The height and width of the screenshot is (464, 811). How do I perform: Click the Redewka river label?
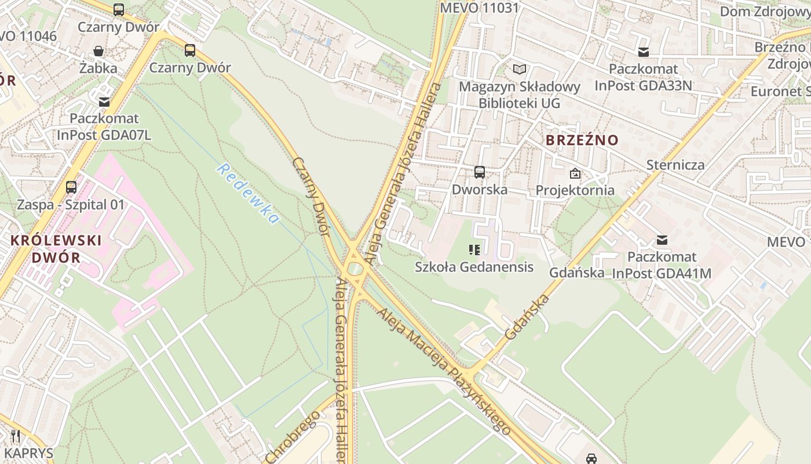point(249,194)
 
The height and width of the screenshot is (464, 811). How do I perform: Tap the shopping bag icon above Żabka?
point(98,51)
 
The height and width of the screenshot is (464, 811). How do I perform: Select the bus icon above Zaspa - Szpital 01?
point(71,187)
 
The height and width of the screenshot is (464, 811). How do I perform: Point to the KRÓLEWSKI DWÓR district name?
point(56,248)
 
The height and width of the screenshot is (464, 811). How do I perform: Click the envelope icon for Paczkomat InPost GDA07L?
point(104,101)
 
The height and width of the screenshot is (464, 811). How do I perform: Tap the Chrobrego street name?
point(293,437)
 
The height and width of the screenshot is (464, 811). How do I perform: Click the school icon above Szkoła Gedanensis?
point(474,250)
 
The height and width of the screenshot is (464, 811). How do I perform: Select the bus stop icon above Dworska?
point(480,172)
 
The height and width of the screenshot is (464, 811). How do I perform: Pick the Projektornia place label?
point(575,190)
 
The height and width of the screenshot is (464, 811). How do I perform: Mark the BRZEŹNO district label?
point(582,140)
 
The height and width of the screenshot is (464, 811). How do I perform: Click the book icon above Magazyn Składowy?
point(520,70)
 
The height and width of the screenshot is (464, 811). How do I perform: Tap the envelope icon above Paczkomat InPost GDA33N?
point(643,52)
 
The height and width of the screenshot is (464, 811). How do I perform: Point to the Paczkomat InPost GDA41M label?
point(662,264)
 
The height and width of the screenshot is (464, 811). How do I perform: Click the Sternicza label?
point(675,165)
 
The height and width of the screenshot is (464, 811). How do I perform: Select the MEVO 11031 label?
point(479,8)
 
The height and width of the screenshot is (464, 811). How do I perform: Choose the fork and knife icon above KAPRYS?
point(16,436)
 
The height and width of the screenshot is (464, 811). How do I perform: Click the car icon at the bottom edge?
point(591,458)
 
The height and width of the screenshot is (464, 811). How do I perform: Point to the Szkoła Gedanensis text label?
point(474,267)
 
